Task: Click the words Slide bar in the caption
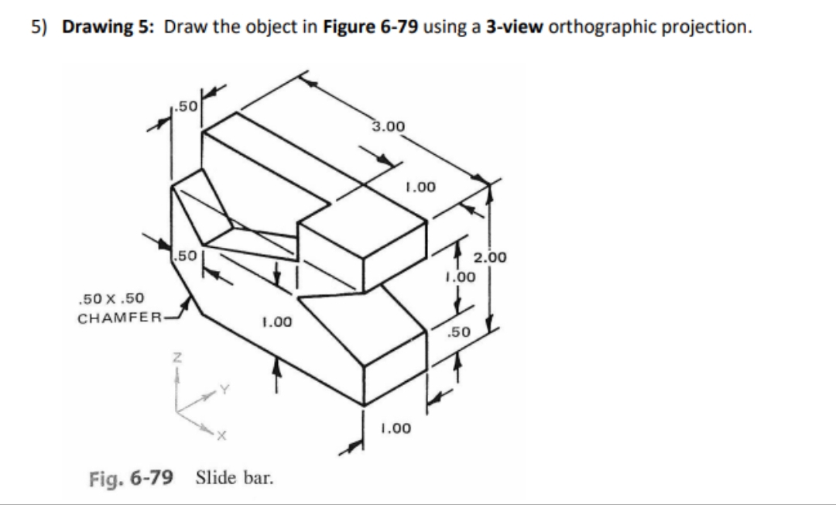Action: pyautogui.click(x=235, y=476)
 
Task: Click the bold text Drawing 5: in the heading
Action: pyautogui.click(x=111, y=27)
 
